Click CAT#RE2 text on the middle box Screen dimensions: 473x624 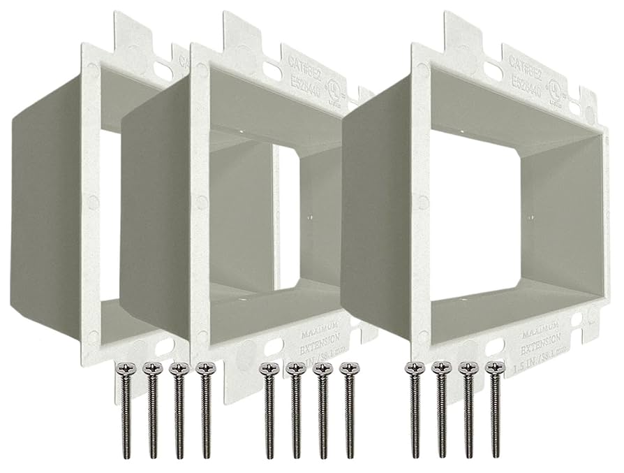(306, 64)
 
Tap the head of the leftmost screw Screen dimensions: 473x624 (127, 368)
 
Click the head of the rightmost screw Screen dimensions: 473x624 (495, 368)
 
